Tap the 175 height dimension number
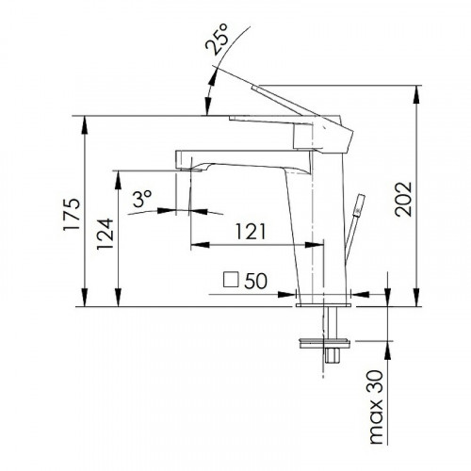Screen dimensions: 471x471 (72, 215)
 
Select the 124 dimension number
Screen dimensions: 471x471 (105, 234)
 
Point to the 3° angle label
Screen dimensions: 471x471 (142, 199)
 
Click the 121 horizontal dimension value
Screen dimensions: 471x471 (251, 232)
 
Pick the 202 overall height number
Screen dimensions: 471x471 (403, 199)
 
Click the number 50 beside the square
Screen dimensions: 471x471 (256, 281)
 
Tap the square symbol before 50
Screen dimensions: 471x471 (231, 280)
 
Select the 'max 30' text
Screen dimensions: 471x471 (377, 407)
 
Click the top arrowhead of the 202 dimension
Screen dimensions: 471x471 (417, 94)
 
